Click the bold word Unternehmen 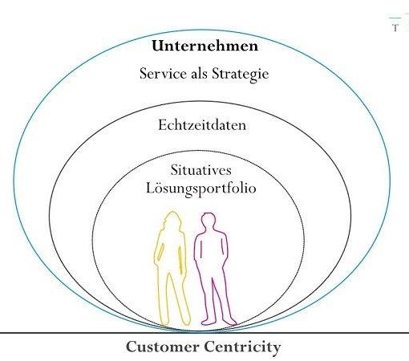tap(205, 46)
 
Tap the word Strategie tap(241, 74)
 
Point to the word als tap(199, 73)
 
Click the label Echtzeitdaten tap(202, 125)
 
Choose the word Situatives tap(201, 170)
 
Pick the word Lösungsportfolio tap(201, 189)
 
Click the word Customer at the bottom tap(163, 347)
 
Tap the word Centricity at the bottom tap(242, 347)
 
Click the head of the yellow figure tap(172, 220)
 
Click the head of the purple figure tap(209, 220)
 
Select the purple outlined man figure tap(215, 269)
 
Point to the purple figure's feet tap(219, 322)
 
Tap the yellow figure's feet tap(175, 322)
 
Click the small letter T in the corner tap(395, 27)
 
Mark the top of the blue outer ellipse tap(202, 30)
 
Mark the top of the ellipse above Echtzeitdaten tap(200, 101)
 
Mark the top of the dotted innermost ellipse tap(198, 151)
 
